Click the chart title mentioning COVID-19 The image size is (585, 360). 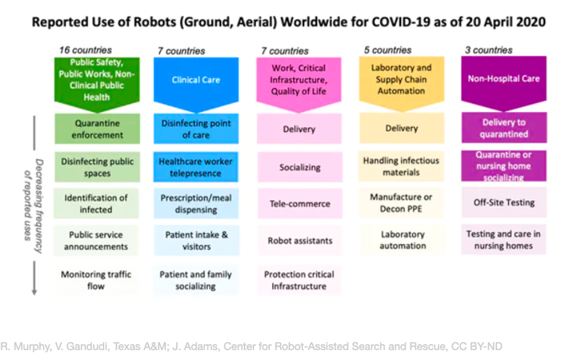coord(288,22)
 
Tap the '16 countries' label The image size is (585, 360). coord(86,50)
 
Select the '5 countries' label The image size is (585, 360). coord(388,50)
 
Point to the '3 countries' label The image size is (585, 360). coord(489,50)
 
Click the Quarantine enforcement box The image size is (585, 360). coord(97,129)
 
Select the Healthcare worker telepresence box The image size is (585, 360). coord(196,167)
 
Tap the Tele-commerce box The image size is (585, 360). coord(300,204)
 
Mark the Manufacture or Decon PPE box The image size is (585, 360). coord(401,202)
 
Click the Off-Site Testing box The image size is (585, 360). coord(504,202)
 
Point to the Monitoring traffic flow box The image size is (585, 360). coord(96,280)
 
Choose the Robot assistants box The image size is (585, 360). coord(300,241)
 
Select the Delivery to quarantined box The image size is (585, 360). coord(504,128)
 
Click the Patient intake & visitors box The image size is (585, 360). coord(196,241)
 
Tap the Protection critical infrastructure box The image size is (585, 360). coord(299,280)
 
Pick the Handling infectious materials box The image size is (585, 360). coord(401,166)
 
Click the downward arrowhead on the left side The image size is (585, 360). coord(34,292)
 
